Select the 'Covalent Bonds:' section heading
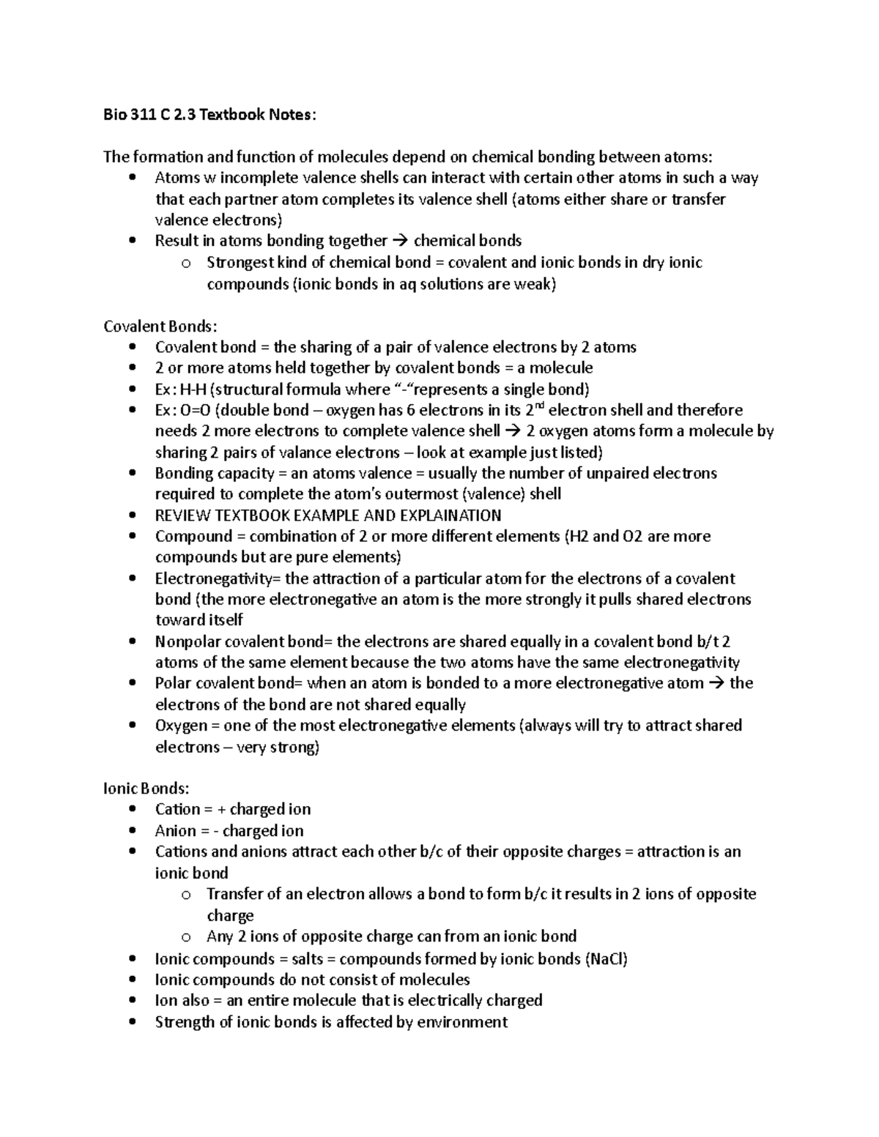click(x=160, y=326)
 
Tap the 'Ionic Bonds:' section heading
click(x=146, y=789)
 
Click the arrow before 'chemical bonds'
click(x=401, y=241)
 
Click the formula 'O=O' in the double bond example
click(x=195, y=410)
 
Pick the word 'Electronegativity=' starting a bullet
click(x=218, y=578)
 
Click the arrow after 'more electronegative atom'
click(x=716, y=684)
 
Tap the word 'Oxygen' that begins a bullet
click(x=181, y=726)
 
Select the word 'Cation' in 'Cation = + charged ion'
click(x=177, y=810)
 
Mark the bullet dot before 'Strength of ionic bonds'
click(x=132, y=1022)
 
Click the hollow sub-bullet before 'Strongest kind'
click(x=186, y=264)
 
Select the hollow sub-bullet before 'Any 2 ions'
click(x=186, y=937)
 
